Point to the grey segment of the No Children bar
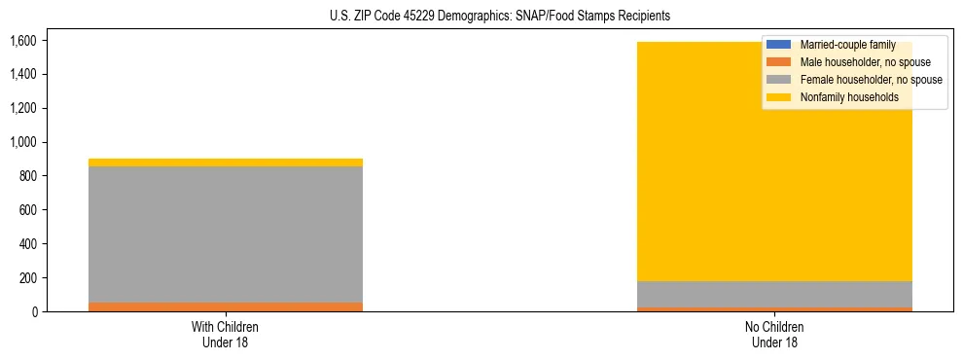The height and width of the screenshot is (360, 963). point(775,295)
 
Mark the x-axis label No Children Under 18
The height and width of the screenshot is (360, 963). point(775,334)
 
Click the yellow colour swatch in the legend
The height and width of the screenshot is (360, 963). point(780,97)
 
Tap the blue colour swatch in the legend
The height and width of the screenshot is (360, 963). point(780,45)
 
